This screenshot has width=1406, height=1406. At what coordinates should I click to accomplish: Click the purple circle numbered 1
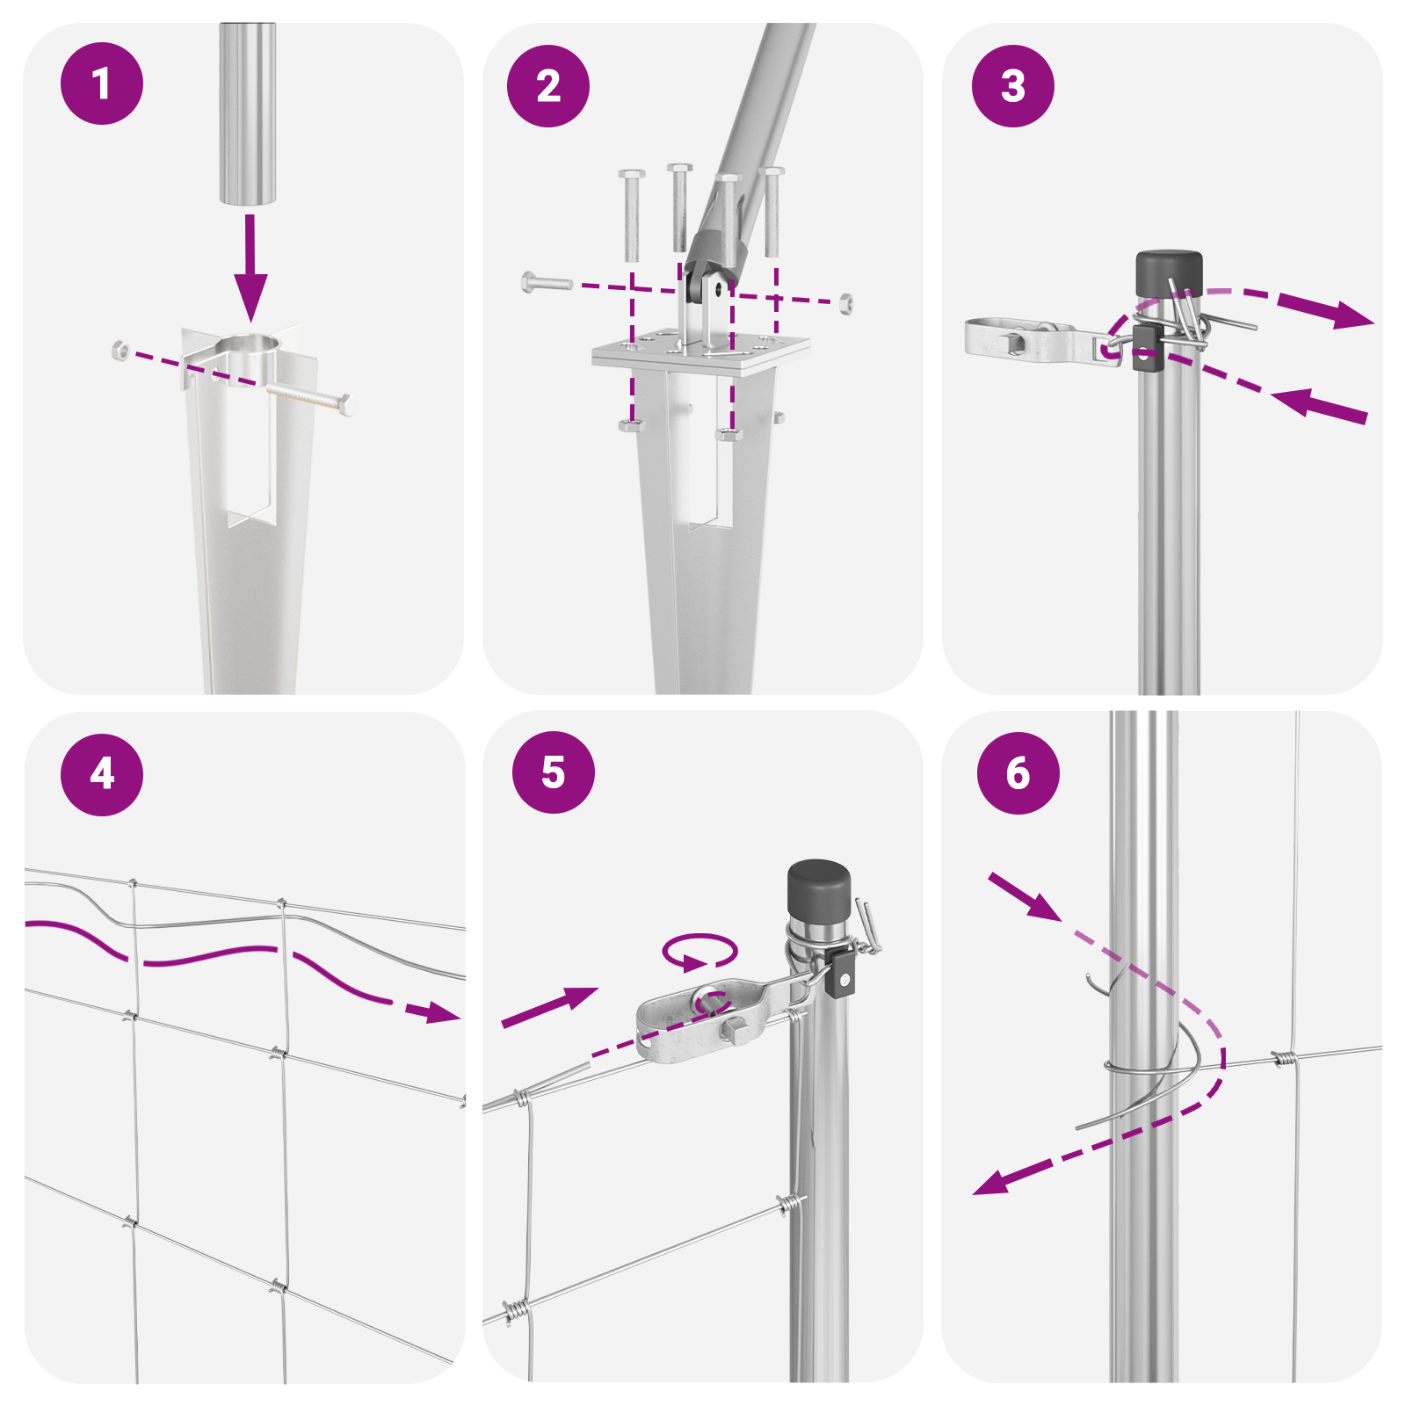tap(102, 83)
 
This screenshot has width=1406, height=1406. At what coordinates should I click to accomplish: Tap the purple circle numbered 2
tap(548, 86)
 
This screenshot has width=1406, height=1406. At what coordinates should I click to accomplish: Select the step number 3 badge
tap(1013, 86)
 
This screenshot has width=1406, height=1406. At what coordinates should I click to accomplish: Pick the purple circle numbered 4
tap(102, 774)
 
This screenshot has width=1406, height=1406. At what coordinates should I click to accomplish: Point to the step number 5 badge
tap(554, 772)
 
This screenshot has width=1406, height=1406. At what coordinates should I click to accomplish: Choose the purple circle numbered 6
tap(1018, 773)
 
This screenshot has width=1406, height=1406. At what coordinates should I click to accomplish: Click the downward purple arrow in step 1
tap(250, 267)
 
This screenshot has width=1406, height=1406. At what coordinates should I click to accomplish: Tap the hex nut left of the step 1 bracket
tap(120, 350)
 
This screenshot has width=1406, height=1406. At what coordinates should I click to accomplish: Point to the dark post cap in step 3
tap(1169, 274)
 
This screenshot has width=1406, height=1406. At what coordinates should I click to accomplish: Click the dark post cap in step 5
tap(819, 889)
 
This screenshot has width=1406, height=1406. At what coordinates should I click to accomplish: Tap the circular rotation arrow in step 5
tap(699, 953)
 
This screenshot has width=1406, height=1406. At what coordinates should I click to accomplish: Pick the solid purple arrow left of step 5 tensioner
tap(550, 1007)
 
